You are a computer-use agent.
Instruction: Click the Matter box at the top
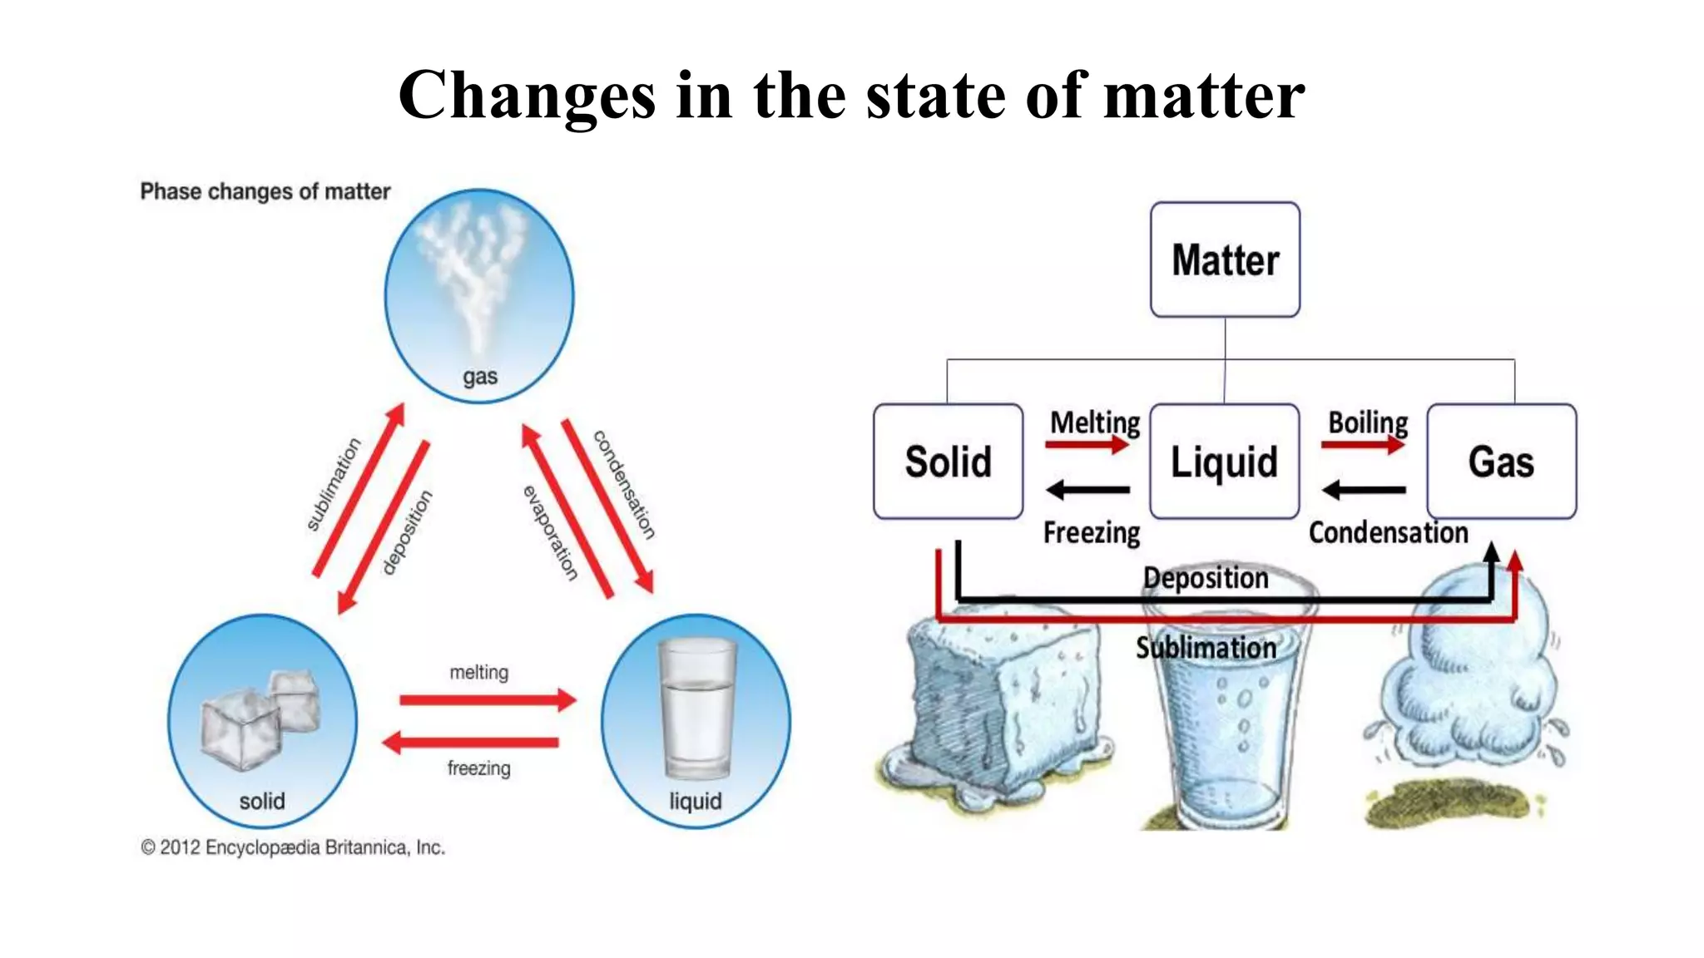pyautogui.click(x=1225, y=259)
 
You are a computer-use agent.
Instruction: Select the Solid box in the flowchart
pyautogui.click(x=948, y=462)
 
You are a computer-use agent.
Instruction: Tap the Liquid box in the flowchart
pyautogui.click(x=1224, y=462)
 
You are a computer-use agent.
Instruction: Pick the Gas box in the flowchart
pyautogui.click(x=1501, y=462)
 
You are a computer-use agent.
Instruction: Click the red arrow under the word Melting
pyautogui.click(x=1087, y=445)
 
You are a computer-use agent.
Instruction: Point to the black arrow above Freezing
pyautogui.click(x=1087, y=490)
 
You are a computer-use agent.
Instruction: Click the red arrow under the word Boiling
pyautogui.click(x=1363, y=445)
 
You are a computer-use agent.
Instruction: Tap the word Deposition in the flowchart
pyautogui.click(x=1206, y=578)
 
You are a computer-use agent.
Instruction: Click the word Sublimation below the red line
pyautogui.click(x=1206, y=648)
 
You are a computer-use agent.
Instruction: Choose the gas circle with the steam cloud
pyautogui.click(x=479, y=295)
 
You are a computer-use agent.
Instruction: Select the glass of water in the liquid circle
pyautogui.click(x=696, y=709)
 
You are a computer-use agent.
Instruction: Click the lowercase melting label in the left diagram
pyautogui.click(x=478, y=672)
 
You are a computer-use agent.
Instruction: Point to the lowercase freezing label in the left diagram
pyautogui.click(x=478, y=768)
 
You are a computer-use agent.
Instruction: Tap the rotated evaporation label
pyautogui.click(x=550, y=532)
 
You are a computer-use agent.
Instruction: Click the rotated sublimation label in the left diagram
pyautogui.click(x=334, y=484)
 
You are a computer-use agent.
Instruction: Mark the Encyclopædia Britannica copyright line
pyautogui.click(x=293, y=847)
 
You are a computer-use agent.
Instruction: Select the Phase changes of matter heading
pyautogui.click(x=265, y=191)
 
